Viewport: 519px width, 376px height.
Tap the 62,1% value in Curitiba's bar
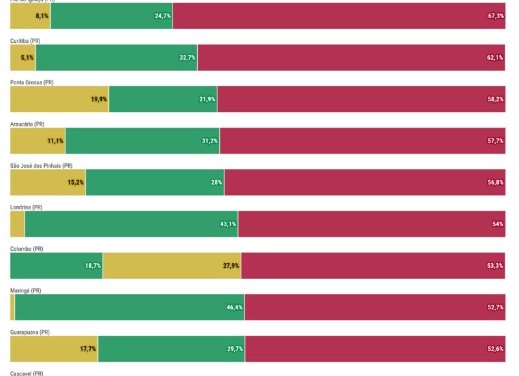click(495, 58)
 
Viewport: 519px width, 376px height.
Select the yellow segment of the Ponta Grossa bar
click(59, 99)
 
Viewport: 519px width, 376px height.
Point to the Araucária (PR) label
click(27, 124)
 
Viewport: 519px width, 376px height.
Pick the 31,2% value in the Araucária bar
click(210, 141)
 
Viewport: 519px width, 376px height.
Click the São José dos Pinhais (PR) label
click(41, 165)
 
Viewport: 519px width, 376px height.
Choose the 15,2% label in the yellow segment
click(75, 182)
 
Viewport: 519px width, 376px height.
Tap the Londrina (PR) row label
click(26, 207)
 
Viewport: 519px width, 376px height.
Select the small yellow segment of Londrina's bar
click(18, 224)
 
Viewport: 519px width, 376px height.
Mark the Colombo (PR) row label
click(27, 248)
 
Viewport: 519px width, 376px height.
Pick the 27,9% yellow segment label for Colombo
click(231, 266)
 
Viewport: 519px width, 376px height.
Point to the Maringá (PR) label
click(25, 290)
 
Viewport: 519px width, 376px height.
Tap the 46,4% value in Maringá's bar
click(234, 307)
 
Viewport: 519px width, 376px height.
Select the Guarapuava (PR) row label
click(30, 332)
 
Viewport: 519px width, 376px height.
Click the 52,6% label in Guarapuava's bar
click(495, 349)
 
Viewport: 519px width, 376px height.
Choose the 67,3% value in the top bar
click(496, 16)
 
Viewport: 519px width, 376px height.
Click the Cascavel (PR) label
click(27, 373)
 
